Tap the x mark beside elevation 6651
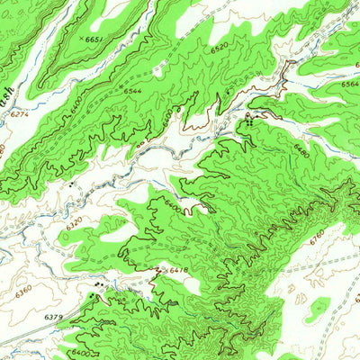click(81, 39)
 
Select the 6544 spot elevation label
click(132, 92)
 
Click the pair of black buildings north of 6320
click(70, 183)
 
